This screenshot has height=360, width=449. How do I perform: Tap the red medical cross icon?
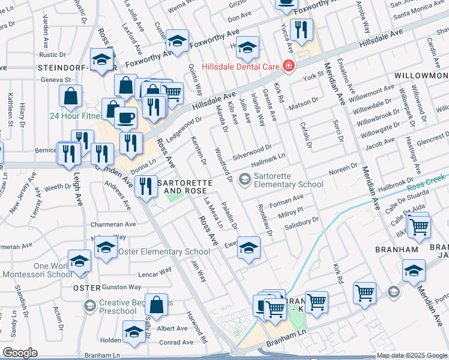point(289,65)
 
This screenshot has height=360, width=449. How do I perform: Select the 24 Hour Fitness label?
point(75,116)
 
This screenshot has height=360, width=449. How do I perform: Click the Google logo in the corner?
point(20,352)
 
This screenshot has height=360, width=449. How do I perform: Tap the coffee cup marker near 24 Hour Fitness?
point(125,118)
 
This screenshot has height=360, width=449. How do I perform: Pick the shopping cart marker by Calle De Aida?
point(418,227)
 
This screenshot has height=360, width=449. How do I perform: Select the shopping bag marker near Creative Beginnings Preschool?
point(156,304)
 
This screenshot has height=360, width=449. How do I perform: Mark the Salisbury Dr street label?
point(302,221)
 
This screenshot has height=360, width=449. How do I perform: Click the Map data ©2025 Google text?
point(412,355)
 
